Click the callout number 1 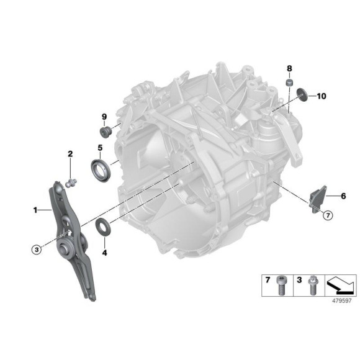(x=35, y=211)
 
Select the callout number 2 (x=70, y=153)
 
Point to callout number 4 (x=104, y=253)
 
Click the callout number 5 (x=99, y=148)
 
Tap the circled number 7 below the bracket (x=328, y=215)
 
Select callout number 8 (x=289, y=67)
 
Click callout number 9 (x=104, y=117)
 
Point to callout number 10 (x=321, y=96)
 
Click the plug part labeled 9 (x=105, y=132)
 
